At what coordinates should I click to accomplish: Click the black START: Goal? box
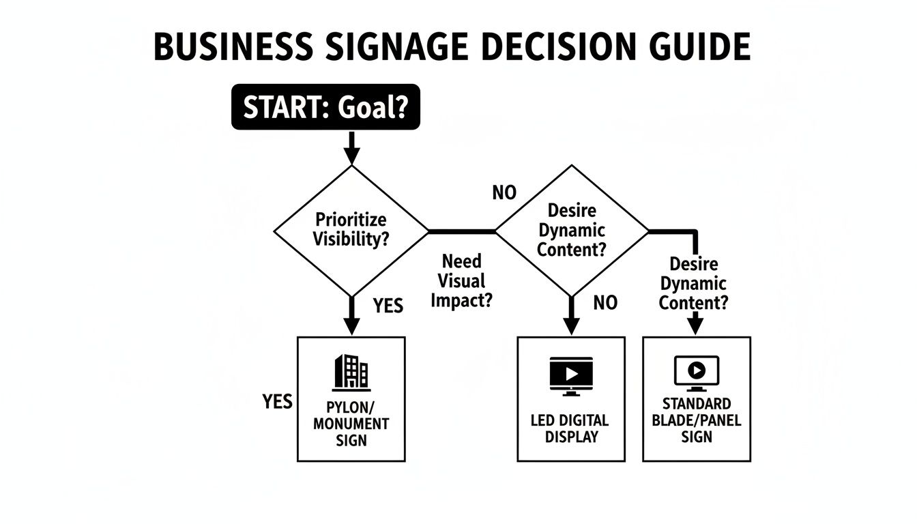[326, 107]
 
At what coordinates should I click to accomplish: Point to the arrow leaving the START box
[351, 147]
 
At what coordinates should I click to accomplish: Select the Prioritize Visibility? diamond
[351, 230]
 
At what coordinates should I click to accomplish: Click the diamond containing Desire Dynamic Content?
[572, 231]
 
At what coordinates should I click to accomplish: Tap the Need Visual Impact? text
[461, 280]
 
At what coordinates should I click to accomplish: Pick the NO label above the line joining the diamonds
[504, 193]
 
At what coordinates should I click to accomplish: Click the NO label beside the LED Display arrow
[605, 302]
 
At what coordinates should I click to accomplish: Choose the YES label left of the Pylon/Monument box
[277, 401]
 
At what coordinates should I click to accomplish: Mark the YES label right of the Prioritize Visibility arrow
[388, 306]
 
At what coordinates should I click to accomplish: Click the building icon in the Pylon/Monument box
[351, 373]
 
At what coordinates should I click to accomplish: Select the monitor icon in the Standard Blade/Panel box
[696, 373]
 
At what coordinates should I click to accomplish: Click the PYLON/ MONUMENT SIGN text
[351, 423]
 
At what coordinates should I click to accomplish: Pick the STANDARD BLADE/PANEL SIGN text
[696, 420]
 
